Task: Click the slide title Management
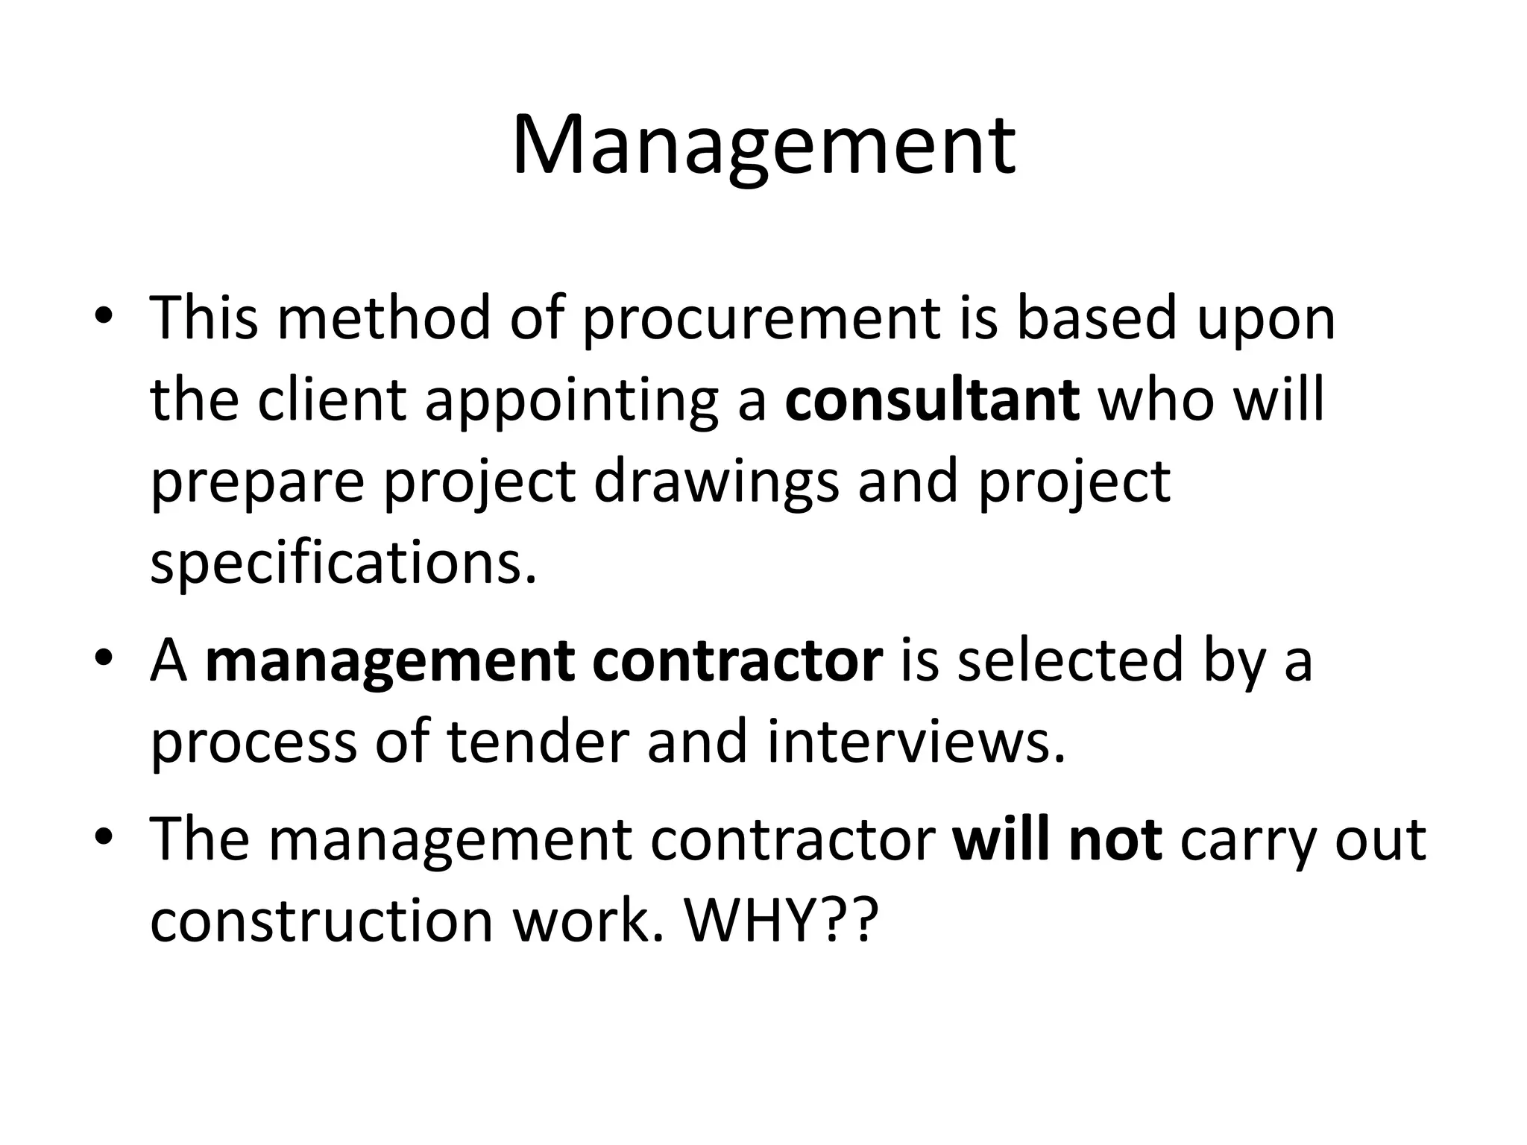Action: (763, 146)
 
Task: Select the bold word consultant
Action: (932, 400)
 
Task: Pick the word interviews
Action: (916, 742)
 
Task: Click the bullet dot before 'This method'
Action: (104, 316)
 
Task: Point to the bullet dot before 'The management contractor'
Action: (104, 836)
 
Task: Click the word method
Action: (384, 318)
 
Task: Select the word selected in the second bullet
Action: (1070, 660)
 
